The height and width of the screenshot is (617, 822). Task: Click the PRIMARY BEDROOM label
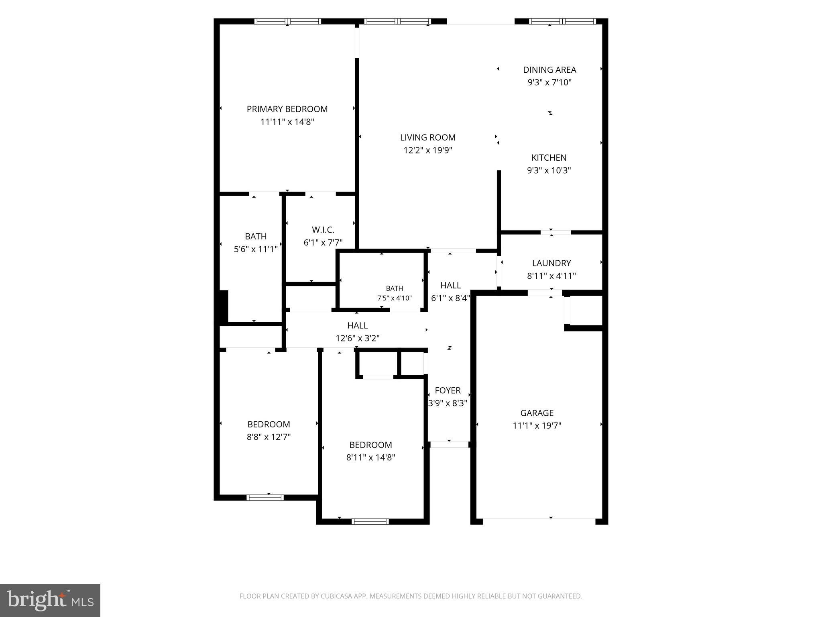coord(287,109)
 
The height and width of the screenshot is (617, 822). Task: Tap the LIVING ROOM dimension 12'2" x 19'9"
coord(428,150)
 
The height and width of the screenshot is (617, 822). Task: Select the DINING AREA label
coord(549,69)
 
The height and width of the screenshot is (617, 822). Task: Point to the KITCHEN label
coord(549,157)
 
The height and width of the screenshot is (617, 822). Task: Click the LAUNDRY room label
coord(551,263)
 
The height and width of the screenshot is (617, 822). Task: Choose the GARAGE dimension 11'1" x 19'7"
coord(537,425)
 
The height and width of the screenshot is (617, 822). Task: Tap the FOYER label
coord(448,390)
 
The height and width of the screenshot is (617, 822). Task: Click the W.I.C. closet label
coord(323,230)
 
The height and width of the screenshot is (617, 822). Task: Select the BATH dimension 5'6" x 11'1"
coord(256,249)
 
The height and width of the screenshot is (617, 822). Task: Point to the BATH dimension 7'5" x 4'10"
coord(395,298)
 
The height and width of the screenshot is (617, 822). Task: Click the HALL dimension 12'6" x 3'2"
coord(358,338)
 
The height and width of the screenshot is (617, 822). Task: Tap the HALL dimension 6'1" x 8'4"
coord(450,298)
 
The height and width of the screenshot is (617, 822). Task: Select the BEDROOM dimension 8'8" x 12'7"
coord(269,437)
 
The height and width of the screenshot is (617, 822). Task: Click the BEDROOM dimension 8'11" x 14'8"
coord(370,457)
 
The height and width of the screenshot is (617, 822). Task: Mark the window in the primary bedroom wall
coord(288,21)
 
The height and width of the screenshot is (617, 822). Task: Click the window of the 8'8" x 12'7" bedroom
coord(265,498)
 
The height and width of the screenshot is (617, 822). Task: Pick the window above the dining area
coord(562,21)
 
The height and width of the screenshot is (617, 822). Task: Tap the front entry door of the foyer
coord(449,445)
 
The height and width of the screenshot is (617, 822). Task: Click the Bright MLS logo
coord(50,601)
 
